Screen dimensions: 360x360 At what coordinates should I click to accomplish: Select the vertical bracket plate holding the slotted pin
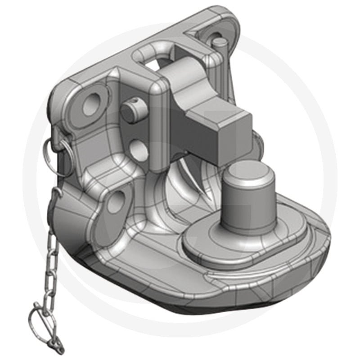point(135,130)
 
